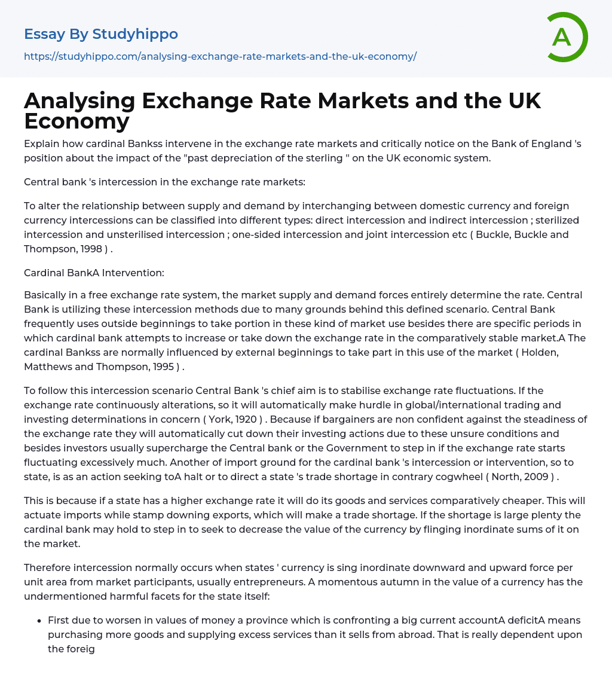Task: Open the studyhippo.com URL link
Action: point(220,56)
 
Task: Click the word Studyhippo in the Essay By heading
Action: point(135,34)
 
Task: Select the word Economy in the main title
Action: point(76,121)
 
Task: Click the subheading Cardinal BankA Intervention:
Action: point(94,273)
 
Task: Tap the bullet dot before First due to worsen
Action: point(39,621)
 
